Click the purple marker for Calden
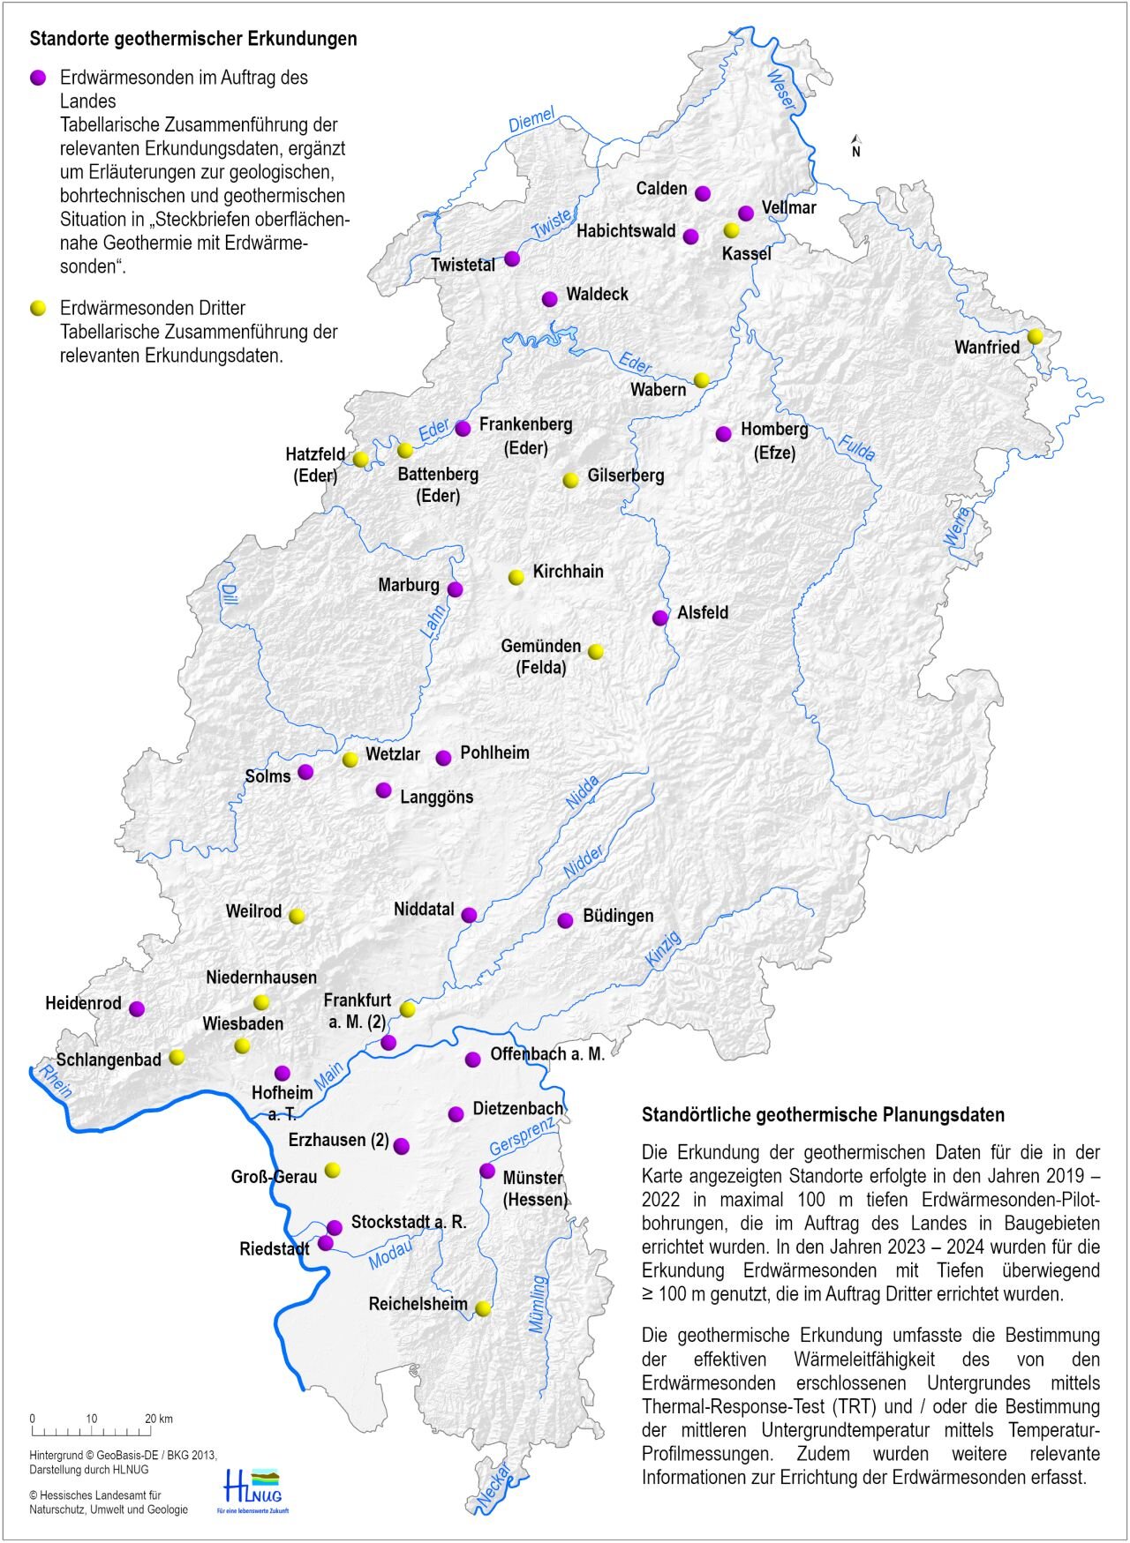tap(703, 193)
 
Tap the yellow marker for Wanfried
tap(1036, 336)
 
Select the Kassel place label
tap(746, 254)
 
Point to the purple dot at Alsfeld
tap(660, 618)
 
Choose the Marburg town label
tap(408, 585)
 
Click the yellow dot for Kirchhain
tap(516, 577)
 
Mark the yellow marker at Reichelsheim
tap(483, 1308)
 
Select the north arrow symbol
tap(855, 146)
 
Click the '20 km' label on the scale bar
tap(159, 1419)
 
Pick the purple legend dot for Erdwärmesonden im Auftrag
tap(38, 78)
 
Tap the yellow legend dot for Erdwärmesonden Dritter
tap(38, 308)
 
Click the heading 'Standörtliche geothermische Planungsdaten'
tap(823, 1114)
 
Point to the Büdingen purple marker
tap(565, 920)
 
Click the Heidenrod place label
tap(83, 1003)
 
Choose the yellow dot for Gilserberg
tap(571, 480)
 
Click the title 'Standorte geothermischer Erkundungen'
tap(193, 39)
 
